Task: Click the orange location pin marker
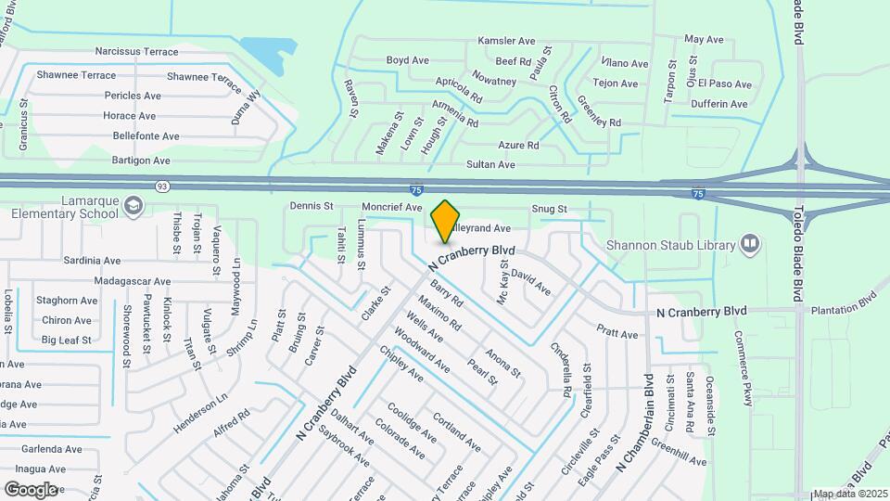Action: pos(446,221)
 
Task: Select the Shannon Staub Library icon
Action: pos(750,245)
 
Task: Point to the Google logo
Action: pos(31,489)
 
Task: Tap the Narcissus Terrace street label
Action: pos(136,52)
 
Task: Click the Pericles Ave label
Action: pos(135,96)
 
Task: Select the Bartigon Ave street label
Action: pos(146,161)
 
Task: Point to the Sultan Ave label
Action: pos(490,164)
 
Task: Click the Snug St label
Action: pos(548,210)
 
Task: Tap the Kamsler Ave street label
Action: pos(508,41)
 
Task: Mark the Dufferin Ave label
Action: pos(718,104)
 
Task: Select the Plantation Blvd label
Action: pos(843,302)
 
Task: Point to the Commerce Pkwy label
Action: pos(743,368)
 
